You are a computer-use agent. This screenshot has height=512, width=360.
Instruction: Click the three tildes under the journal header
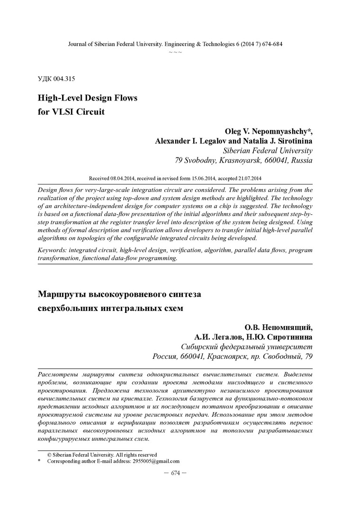tap(175, 51)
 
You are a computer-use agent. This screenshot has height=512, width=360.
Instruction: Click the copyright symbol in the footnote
tap(49, 454)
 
